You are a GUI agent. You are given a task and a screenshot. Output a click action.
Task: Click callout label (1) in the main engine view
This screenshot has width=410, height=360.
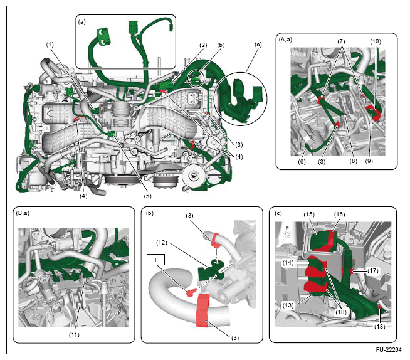click(x=50, y=45)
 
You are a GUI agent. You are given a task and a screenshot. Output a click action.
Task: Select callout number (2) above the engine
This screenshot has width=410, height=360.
click(x=203, y=45)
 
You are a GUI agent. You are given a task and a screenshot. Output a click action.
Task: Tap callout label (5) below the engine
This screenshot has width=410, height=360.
click(x=147, y=196)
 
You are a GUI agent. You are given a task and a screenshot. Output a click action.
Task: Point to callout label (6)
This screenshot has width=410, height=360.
click(x=302, y=161)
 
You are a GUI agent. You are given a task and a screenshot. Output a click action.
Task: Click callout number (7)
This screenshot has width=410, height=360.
click(x=341, y=41)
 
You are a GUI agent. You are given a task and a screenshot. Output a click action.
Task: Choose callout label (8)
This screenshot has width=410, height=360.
click(x=353, y=161)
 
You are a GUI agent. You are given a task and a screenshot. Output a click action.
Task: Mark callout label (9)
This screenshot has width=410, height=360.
click(x=369, y=161)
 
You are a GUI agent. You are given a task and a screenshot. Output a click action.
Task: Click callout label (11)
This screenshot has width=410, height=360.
click(x=74, y=335)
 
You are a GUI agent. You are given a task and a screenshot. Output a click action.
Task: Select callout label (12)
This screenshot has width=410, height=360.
click(x=162, y=243)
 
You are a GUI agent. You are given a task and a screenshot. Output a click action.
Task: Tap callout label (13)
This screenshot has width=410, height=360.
click(x=288, y=305)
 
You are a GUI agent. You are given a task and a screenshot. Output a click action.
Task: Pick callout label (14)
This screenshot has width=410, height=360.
click(x=288, y=262)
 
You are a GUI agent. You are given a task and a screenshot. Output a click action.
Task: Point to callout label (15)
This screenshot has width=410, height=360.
click(x=309, y=214)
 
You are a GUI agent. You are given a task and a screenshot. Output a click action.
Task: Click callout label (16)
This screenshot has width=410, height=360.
click(x=339, y=214)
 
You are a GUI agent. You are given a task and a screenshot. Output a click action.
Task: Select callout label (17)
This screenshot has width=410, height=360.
click(x=373, y=270)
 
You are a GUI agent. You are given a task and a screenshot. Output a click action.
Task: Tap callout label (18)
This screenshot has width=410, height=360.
click(x=380, y=326)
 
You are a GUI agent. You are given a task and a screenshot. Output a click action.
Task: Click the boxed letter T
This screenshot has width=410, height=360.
click(x=156, y=260)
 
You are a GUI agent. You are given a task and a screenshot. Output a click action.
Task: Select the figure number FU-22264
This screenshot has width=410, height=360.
click(x=389, y=350)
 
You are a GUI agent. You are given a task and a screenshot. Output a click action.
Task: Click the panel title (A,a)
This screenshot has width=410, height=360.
click(x=285, y=40)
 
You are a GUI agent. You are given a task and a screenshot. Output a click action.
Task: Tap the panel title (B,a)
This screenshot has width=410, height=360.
click(x=23, y=213)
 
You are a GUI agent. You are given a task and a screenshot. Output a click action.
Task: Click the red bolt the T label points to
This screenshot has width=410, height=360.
click(x=191, y=292)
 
